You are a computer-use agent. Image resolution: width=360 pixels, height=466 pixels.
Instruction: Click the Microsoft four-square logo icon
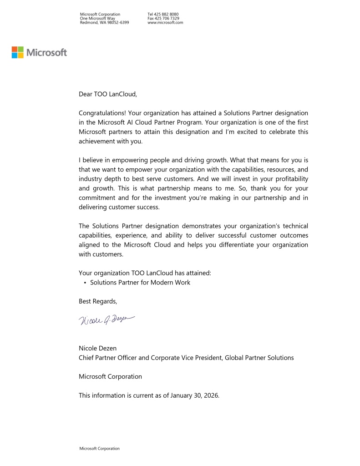pos(18,52)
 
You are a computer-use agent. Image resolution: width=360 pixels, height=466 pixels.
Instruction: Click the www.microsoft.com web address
pos(165,22)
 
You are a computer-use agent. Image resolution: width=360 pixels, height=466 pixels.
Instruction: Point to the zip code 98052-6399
pos(119,22)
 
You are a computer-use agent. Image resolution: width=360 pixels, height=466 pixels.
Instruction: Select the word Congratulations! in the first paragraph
pos(102,113)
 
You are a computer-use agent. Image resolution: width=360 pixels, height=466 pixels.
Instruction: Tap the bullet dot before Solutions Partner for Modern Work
pos(85,283)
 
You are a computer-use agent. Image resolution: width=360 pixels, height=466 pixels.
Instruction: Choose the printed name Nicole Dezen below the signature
pos(97,348)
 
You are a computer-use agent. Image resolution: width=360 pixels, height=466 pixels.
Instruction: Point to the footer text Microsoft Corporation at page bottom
pos(99,448)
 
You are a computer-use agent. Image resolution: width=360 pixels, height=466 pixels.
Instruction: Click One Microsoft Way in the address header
pos(97,18)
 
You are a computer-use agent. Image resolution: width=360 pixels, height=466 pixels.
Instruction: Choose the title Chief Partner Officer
pos(107,358)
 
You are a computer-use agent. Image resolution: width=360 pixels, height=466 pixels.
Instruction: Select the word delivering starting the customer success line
pos(94,207)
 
